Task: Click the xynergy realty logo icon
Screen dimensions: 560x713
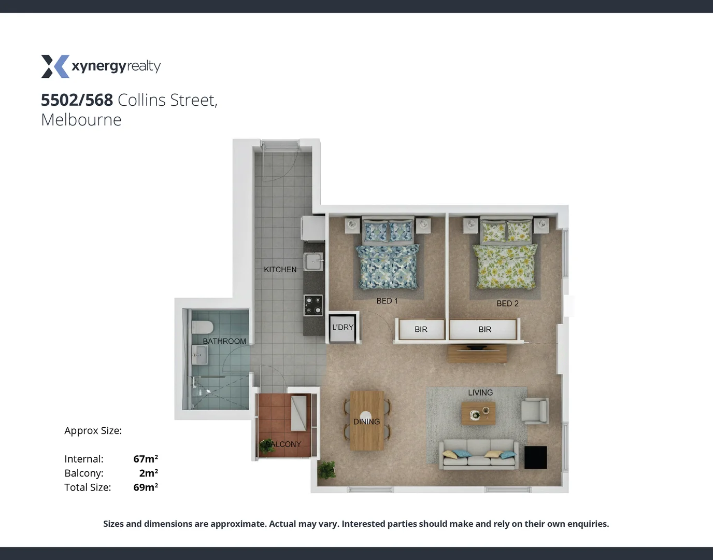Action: click(x=55, y=66)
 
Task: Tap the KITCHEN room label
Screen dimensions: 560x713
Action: click(x=280, y=270)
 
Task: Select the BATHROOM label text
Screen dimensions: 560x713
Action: click(x=224, y=341)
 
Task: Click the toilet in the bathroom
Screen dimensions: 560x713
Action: click(x=202, y=327)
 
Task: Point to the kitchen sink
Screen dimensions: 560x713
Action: click(x=313, y=261)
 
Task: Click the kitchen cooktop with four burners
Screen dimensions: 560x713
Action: click(x=313, y=305)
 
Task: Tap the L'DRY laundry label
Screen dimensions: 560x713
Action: click(x=343, y=328)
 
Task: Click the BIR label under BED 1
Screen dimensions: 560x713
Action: click(x=421, y=329)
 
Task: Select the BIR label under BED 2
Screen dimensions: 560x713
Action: click(x=484, y=329)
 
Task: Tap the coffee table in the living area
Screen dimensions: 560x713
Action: click(x=478, y=413)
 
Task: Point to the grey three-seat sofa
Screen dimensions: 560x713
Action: click(x=479, y=454)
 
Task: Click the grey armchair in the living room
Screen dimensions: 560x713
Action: click(x=535, y=411)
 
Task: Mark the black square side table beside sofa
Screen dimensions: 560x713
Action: click(x=535, y=457)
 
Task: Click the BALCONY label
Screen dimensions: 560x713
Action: click(x=283, y=444)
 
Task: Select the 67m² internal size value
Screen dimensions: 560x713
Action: click(x=146, y=459)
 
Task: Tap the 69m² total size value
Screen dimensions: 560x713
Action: click(x=146, y=487)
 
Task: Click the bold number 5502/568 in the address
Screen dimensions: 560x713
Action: click(x=77, y=100)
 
